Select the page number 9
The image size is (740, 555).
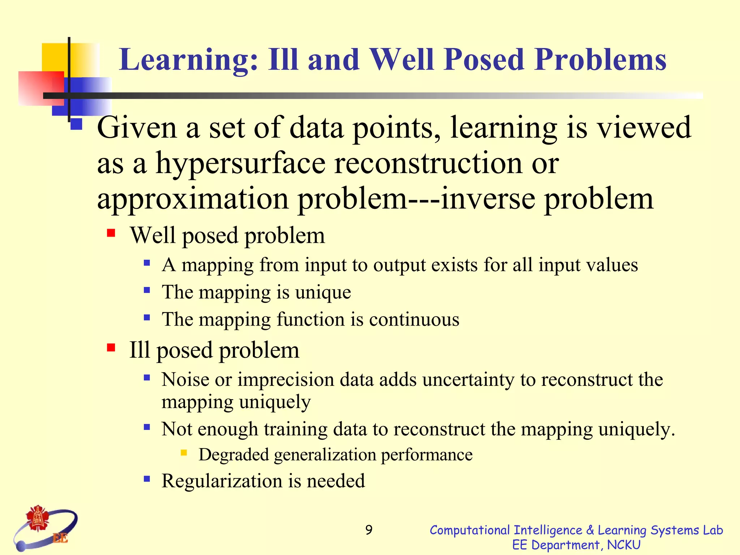click(x=369, y=530)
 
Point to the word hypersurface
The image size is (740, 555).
click(x=240, y=163)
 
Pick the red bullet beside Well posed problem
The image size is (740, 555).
click(x=111, y=233)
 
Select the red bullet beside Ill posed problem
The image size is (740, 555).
click(x=111, y=348)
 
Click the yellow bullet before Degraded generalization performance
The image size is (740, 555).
click(x=184, y=452)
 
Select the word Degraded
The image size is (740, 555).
click(x=234, y=455)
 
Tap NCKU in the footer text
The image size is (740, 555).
click(x=624, y=545)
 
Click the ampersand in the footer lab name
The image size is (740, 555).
click(x=590, y=530)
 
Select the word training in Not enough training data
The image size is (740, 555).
click(x=295, y=429)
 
